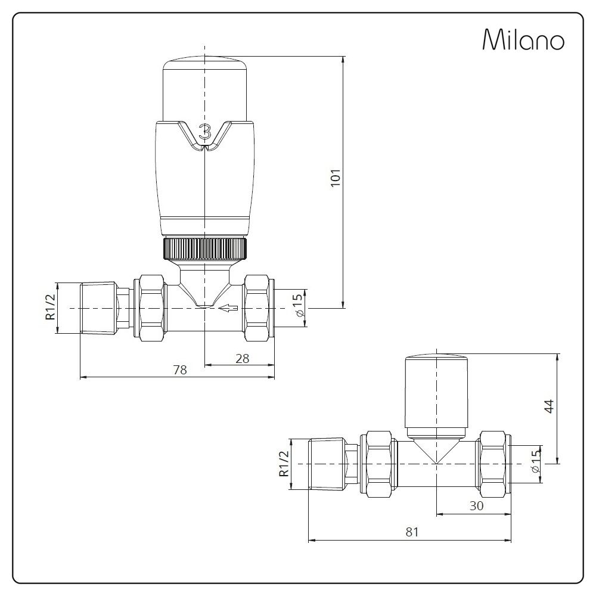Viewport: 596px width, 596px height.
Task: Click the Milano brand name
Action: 523,40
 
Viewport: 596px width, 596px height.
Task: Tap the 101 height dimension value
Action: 335,179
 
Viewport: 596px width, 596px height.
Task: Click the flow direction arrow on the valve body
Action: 228,308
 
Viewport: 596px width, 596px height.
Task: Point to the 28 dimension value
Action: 241,358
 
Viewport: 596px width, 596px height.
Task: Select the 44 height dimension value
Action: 550,406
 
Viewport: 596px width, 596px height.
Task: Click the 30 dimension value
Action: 475,506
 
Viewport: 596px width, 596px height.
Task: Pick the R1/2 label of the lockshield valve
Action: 284,464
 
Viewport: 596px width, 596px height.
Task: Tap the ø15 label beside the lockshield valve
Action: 535,462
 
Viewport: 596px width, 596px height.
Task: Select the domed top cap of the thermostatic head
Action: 204,83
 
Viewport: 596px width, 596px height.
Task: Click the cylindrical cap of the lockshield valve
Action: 436,393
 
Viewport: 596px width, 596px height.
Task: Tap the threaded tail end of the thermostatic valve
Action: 98,308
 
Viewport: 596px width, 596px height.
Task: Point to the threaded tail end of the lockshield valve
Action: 327,464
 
